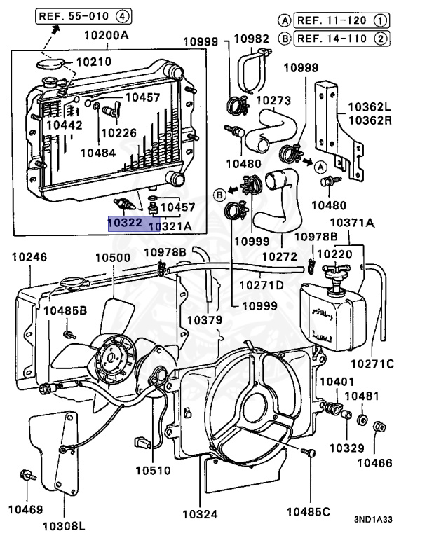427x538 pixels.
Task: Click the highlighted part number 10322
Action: pyautogui.click(x=125, y=223)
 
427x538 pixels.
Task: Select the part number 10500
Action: pyautogui.click(x=113, y=257)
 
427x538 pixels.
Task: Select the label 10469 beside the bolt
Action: pyautogui.click(x=25, y=507)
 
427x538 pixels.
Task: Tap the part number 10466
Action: pyautogui.click(x=378, y=464)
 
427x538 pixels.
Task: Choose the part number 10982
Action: pyautogui.click(x=251, y=38)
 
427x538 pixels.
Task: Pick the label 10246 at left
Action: pyautogui.click(x=29, y=257)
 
